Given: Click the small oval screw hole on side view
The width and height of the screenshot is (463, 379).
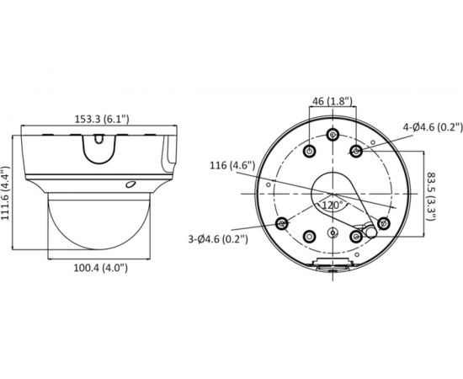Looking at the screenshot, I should coord(130,184).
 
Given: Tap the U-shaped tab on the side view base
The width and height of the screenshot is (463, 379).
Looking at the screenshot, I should coord(98,148).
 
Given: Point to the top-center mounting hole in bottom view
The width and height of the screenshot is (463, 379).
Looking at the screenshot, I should coord(333,136).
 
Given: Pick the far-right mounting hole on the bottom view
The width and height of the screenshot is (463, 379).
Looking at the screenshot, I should coord(383,223).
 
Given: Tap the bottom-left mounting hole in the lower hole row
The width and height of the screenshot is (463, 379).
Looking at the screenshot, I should coord(310,237).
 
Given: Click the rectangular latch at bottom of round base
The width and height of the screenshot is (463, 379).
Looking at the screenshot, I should coord(333,269).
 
